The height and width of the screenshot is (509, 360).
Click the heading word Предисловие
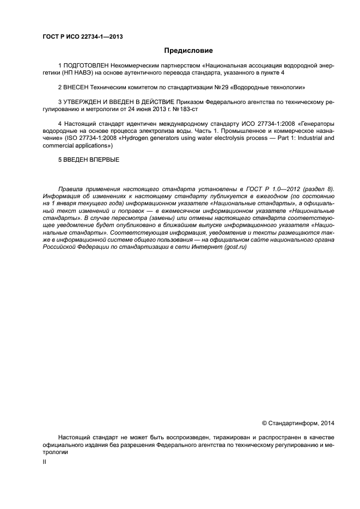pos(189,51)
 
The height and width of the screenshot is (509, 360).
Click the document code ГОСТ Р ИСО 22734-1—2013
pos(82,37)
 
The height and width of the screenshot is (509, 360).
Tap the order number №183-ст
pos(186,109)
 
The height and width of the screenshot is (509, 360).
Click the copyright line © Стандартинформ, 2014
pos(298,422)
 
